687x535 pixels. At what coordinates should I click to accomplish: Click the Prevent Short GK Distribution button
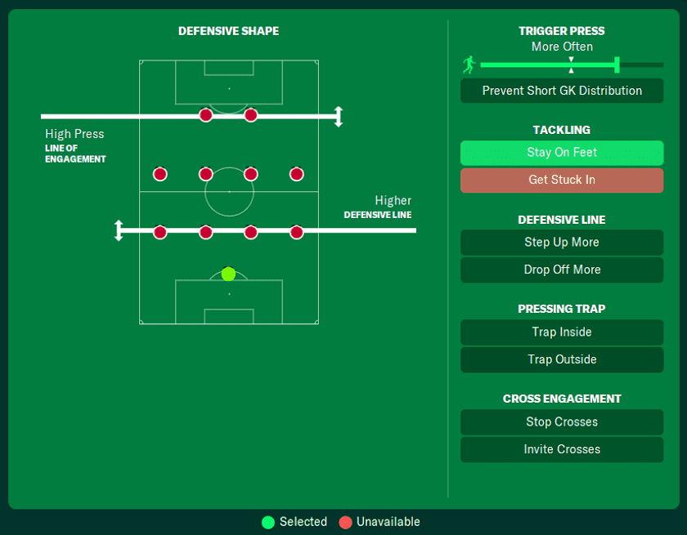(x=562, y=91)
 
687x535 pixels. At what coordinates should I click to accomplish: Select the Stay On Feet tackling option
(x=562, y=153)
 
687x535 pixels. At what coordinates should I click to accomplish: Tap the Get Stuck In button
(x=562, y=181)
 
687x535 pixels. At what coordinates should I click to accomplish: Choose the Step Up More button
(x=562, y=243)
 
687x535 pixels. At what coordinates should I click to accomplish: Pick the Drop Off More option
(x=562, y=270)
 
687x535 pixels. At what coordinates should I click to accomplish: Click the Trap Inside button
(x=562, y=332)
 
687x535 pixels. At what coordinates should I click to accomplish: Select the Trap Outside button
(x=562, y=360)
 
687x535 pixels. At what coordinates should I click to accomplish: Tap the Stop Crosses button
(x=562, y=422)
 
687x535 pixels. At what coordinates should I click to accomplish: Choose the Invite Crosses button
(x=562, y=450)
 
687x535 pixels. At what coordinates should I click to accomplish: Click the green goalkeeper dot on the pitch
(x=228, y=274)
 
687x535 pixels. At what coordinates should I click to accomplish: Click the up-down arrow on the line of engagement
(x=339, y=117)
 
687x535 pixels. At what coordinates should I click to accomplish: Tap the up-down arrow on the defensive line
(x=119, y=230)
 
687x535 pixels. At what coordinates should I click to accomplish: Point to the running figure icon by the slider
(x=469, y=65)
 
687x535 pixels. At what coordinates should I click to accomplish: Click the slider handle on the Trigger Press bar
(x=617, y=65)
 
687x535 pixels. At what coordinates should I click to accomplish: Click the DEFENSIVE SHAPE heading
(x=228, y=31)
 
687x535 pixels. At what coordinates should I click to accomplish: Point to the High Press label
(x=74, y=134)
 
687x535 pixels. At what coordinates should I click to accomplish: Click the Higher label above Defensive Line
(x=393, y=201)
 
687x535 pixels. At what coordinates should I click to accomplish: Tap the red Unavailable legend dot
(x=345, y=522)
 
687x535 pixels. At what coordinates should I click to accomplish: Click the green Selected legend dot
(x=268, y=522)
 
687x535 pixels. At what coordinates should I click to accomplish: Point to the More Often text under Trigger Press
(x=562, y=47)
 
